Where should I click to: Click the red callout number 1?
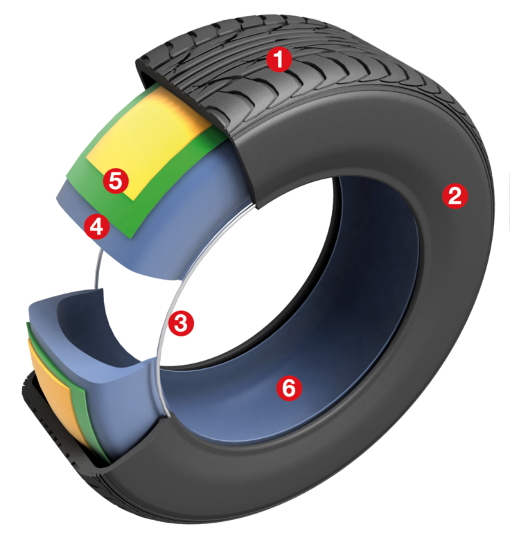tap(279, 60)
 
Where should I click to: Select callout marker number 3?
tap(181, 323)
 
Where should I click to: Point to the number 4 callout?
tap(96, 226)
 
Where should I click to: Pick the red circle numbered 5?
tap(116, 181)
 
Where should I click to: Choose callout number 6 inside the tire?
tap(289, 388)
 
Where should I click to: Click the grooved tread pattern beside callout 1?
tap(333, 83)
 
